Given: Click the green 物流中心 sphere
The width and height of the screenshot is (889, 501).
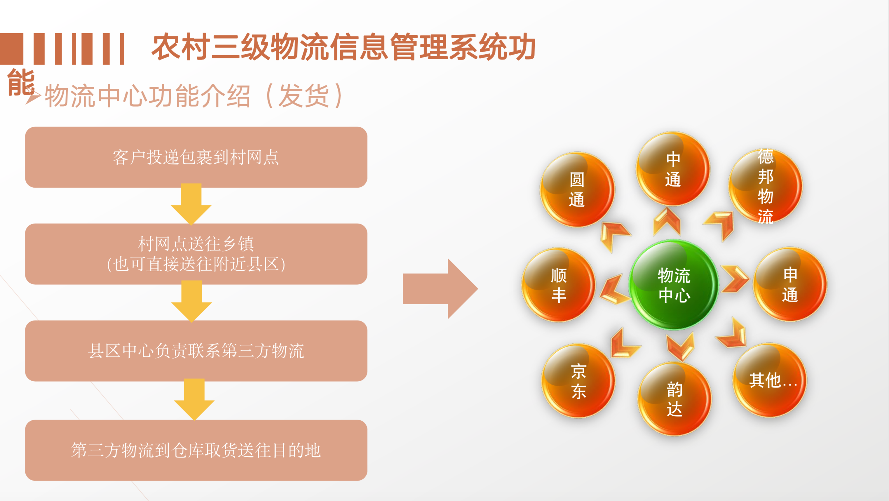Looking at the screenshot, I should [x=674, y=285].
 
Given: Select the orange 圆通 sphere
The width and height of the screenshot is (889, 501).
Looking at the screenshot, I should [x=577, y=189].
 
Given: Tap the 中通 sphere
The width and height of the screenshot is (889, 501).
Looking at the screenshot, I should [x=673, y=169].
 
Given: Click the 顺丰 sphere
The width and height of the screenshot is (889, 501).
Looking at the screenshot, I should [x=558, y=285].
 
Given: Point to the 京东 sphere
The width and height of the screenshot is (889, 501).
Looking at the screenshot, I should [x=578, y=381].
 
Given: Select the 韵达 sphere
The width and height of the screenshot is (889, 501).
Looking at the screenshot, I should [x=674, y=399].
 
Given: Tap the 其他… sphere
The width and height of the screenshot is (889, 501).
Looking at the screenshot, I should [x=770, y=380].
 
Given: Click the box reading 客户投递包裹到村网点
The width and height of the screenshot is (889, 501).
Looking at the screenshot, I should [x=196, y=157].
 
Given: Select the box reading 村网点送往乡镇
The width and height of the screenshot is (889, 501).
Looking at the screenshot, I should [x=196, y=254].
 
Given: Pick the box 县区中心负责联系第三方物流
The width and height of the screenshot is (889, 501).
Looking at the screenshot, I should [x=196, y=351].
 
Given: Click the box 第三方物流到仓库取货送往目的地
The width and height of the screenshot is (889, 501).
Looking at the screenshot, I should [x=196, y=450].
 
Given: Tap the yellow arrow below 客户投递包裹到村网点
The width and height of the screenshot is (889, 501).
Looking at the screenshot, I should [x=191, y=204].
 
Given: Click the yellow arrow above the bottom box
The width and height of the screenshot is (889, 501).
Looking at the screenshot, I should [x=194, y=399].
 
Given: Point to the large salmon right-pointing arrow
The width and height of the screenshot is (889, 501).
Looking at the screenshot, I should [x=440, y=289].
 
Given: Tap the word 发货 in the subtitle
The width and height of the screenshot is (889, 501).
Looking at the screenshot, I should [x=304, y=96].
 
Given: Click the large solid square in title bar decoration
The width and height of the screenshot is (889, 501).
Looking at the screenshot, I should [x=11, y=49].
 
